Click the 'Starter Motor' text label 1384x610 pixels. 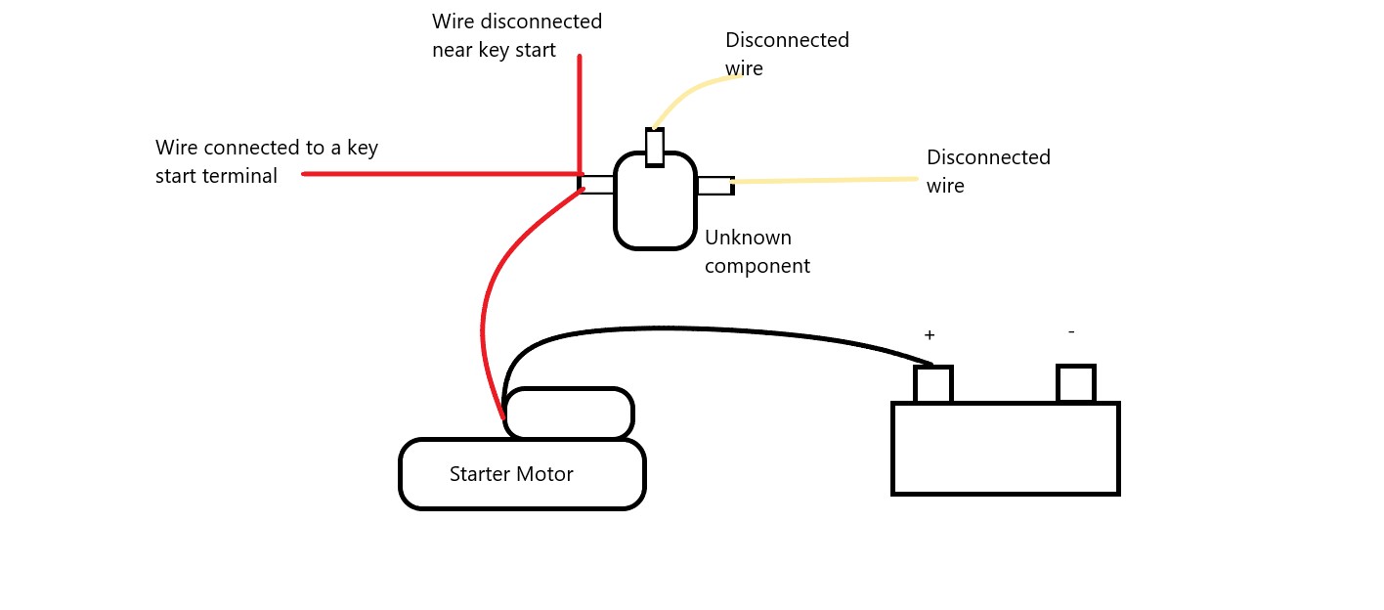click(x=511, y=474)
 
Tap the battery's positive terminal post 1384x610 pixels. click(x=933, y=384)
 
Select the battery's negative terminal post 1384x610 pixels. click(x=1076, y=383)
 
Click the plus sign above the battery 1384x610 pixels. click(x=930, y=335)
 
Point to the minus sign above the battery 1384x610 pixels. click(x=1071, y=332)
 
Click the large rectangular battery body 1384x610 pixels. click(x=1005, y=449)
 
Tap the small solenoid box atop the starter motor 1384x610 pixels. click(x=569, y=413)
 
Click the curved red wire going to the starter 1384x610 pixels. click(x=488, y=296)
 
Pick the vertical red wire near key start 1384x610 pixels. click(x=580, y=114)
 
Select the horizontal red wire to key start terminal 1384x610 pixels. click(x=442, y=174)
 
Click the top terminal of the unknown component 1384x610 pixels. click(x=655, y=148)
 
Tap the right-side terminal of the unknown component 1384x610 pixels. click(x=715, y=186)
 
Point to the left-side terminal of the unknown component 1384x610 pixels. click(x=595, y=184)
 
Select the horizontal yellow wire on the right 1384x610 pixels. click(x=825, y=181)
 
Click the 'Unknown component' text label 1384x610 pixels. click(x=757, y=251)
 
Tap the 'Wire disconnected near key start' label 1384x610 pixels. click(x=517, y=35)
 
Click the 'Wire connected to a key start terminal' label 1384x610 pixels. click(x=266, y=161)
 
